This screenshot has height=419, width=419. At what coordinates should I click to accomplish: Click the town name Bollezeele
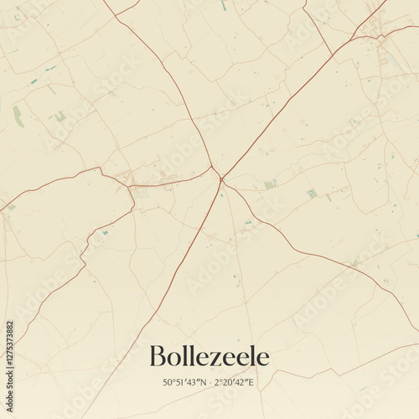point(209,357)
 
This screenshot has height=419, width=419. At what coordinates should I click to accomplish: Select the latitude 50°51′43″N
point(182,382)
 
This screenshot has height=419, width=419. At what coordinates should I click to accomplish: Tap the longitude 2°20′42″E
point(235,382)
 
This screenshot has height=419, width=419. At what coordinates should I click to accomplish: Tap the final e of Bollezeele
point(263,359)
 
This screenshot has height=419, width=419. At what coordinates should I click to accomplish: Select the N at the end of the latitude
point(199,382)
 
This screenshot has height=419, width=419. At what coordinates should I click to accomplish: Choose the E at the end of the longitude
point(252,382)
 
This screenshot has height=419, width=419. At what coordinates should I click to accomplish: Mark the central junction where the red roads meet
point(220,178)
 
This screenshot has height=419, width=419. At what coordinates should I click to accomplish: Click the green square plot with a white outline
point(312,193)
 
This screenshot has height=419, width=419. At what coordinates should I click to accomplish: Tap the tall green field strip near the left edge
point(18,116)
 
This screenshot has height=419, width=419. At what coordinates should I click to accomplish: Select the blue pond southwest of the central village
point(105,232)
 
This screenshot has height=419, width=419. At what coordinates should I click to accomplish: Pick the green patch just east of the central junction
point(269,184)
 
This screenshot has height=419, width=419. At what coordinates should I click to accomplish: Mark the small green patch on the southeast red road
point(354,262)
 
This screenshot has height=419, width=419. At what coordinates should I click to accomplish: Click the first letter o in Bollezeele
point(176,359)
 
